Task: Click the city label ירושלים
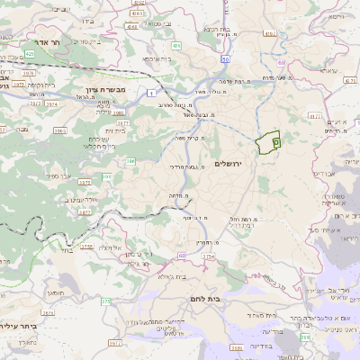coord(229,163)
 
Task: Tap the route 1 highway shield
coord(152,93)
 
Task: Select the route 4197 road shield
coord(268,34)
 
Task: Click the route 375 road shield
coord(105,301)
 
